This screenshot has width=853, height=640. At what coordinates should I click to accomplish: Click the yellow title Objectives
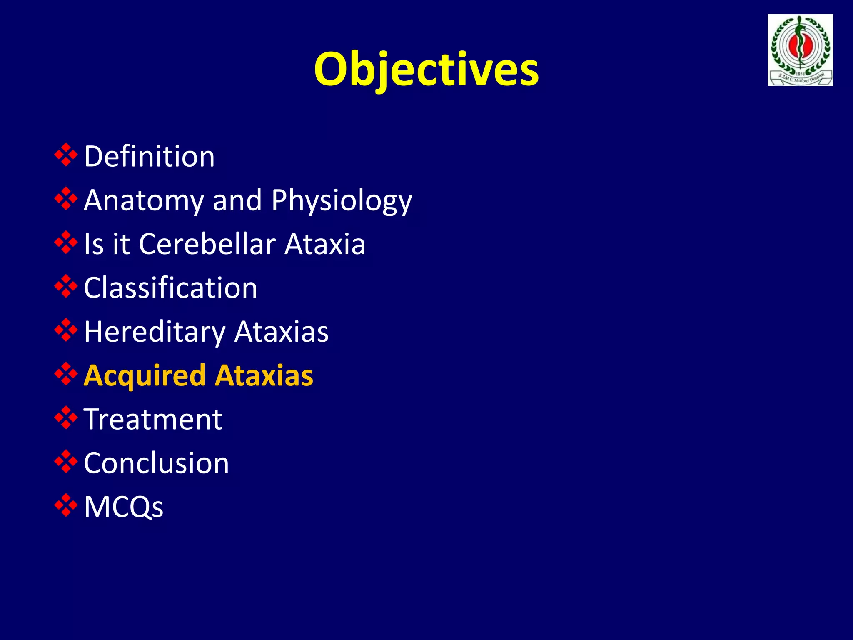pos(426,69)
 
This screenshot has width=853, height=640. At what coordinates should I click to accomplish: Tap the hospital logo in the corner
pos(800,50)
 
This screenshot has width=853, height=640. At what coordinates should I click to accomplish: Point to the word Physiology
pos(342,201)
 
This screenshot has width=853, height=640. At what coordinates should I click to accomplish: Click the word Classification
pos(170,288)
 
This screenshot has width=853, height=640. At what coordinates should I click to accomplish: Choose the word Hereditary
pos(155,332)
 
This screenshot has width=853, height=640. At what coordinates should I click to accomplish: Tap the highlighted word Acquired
pos(145,376)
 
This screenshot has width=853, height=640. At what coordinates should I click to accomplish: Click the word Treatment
pos(153,419)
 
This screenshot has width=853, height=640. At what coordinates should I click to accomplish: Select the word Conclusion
pos(156,463)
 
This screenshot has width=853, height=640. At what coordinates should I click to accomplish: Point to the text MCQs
pos(123,507)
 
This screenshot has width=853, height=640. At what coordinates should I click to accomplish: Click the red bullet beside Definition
pos(66,155)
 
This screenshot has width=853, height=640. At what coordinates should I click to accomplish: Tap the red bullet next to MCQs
pos(66,505)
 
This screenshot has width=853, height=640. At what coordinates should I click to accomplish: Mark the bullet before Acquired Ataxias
pos(66,374)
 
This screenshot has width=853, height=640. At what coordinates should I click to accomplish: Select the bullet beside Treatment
pos(66,418)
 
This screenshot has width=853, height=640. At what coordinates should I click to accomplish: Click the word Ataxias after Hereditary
pos(281,332)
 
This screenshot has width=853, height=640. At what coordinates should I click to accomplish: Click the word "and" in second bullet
pos(237,200)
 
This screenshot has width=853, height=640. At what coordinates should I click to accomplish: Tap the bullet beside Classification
pos(66,287)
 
